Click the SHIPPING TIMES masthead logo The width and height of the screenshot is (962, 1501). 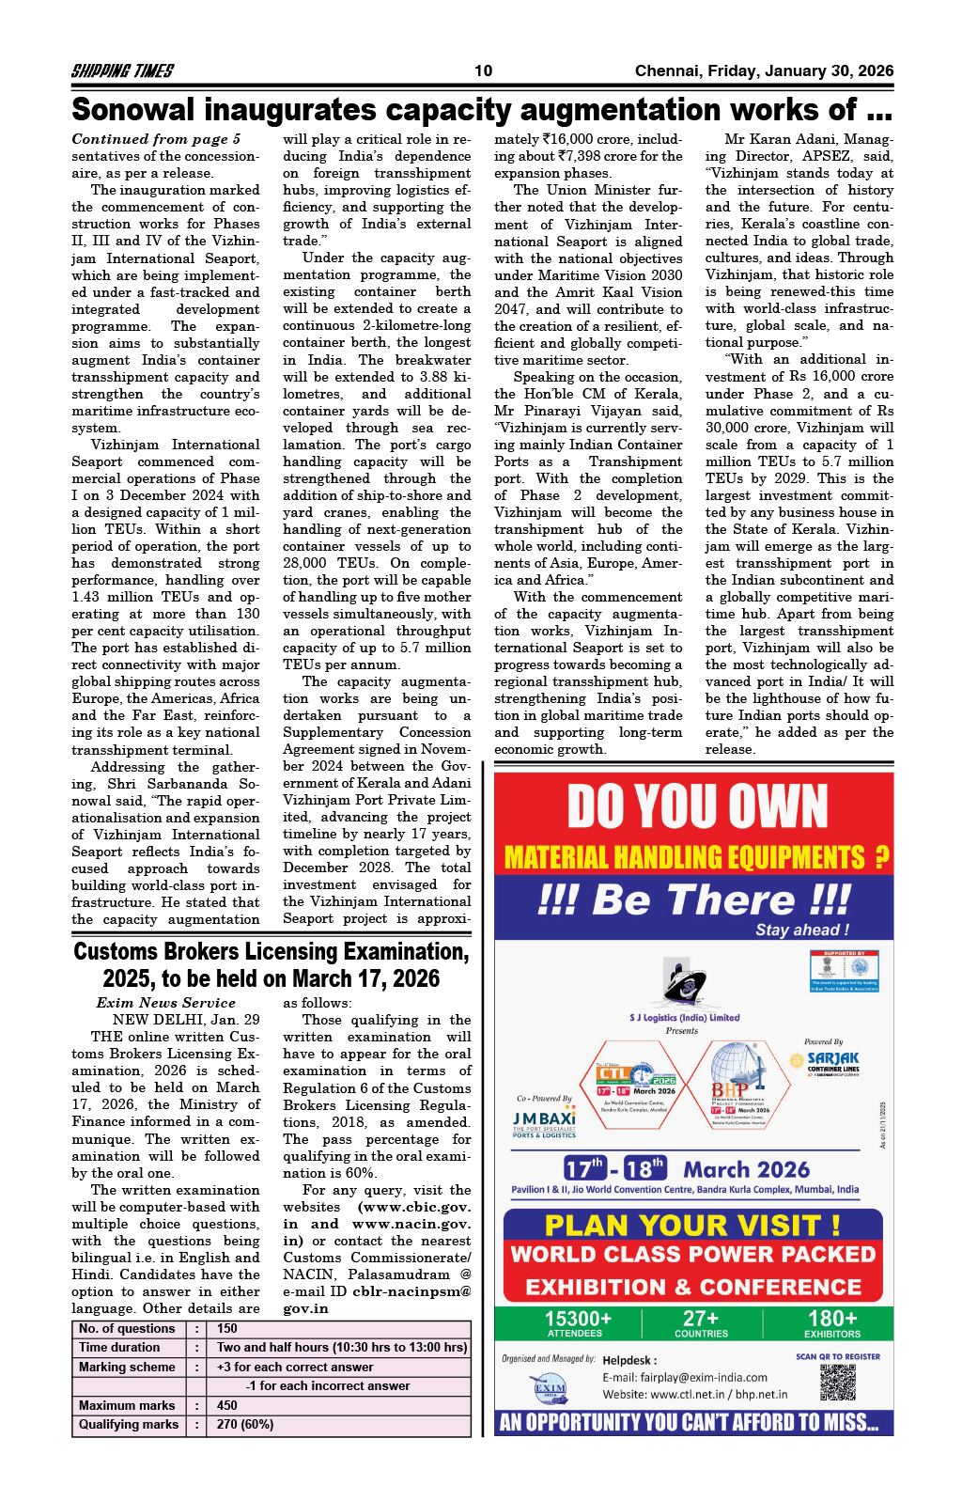pyautogui.click(x=122, y=70)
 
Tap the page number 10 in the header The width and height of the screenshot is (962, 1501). pyautogui.click(x=483, y=70)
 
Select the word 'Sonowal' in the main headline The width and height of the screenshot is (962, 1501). pyautogui.click(x=132, y=110)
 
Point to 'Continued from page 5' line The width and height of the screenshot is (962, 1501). pyautogui.click(x=156, y=139)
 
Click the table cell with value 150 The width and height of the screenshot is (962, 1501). pyautogui.click(x=227, y=1328)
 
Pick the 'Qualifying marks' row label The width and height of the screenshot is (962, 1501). pyautogui.click(x=129, y=1424)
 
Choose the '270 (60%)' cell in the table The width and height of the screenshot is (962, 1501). pyautogui.click(x=245, y=1424)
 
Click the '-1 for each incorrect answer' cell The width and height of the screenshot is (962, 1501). pyautogui.click(x=328, y=1385)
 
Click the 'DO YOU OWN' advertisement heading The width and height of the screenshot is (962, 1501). pyautogui.click(x=697, y=806)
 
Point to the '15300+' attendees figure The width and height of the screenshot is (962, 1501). pyautogui.click(x=578, y=1319)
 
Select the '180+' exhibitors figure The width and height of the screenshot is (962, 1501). pyautogui.click(x=832, y=1319)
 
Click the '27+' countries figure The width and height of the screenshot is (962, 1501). pyautogui.click(x=701, y=1319)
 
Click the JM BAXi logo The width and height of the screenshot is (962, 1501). pyautogui.click(x=544, y=1122)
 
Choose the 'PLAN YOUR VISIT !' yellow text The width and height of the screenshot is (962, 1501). pyautogui.click(x=692, y=1226)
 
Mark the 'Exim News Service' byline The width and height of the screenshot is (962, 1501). pyautogui.click(x=165, y=1003)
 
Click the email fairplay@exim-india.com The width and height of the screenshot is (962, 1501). pyautogui.click(x=685, y=1377)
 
